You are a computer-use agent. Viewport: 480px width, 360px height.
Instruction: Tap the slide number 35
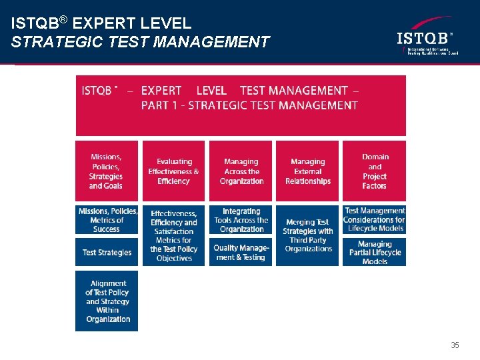455,345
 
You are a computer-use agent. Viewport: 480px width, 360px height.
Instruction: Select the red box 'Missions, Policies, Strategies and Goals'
106,171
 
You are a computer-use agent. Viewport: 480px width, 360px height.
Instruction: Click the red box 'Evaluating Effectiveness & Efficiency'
174,171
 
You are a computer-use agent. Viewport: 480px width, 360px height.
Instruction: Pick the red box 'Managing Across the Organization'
241,171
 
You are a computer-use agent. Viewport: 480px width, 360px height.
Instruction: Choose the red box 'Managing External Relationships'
307,171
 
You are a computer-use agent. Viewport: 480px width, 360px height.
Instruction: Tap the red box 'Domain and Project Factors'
375,171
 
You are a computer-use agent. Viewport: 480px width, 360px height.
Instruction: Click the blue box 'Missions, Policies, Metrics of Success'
107,220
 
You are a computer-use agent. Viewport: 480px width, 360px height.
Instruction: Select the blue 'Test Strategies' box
107,253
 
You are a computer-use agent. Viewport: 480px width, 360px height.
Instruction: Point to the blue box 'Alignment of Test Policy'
107,301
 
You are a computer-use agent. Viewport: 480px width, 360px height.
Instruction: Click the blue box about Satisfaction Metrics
174,235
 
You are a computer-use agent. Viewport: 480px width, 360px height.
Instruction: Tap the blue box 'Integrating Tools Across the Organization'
241,220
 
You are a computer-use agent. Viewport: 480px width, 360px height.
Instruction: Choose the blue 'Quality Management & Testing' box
241,253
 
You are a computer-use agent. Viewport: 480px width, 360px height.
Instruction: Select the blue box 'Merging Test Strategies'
307,235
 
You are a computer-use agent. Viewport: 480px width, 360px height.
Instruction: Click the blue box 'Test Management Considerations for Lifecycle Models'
375,220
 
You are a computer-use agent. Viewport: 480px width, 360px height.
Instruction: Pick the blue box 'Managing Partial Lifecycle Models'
375,253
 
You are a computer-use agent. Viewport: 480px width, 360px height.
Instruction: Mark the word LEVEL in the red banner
211,91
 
